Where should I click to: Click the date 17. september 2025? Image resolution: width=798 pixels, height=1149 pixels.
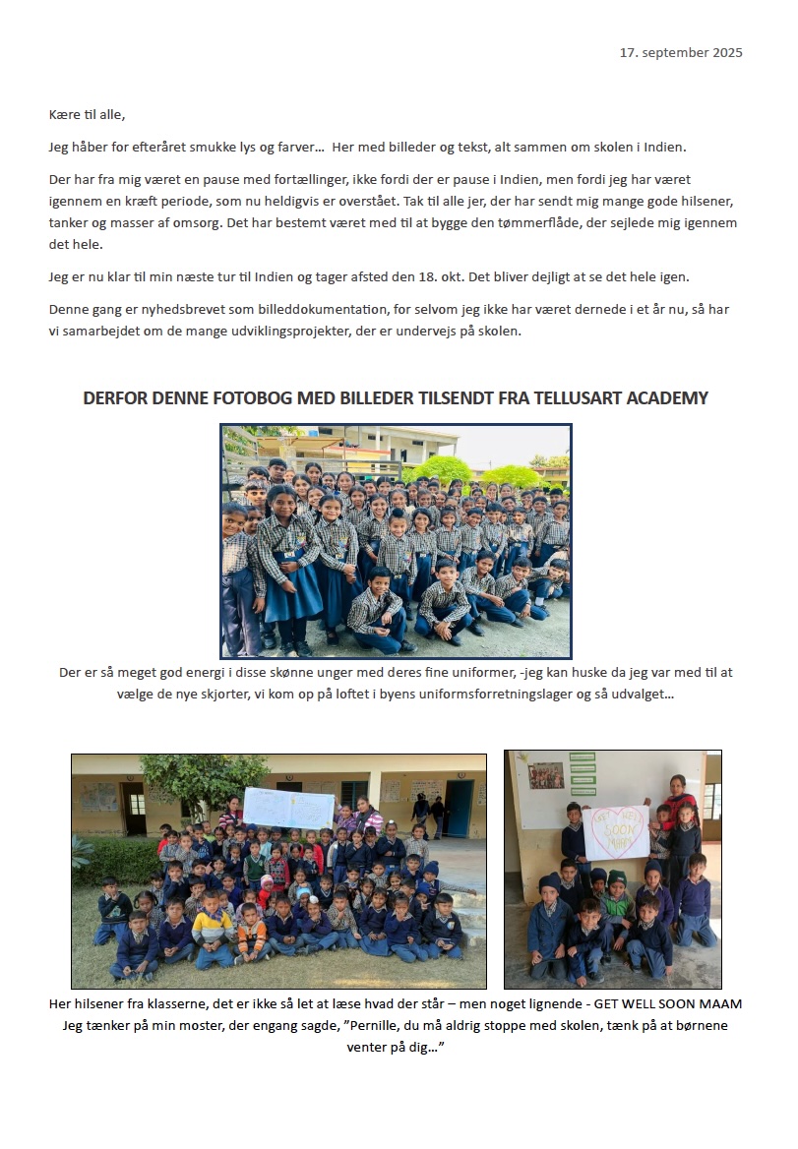pos(681,52)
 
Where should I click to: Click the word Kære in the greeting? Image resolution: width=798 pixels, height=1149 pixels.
pos(64,115)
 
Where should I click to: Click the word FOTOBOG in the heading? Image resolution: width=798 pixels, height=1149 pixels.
pos(242,398)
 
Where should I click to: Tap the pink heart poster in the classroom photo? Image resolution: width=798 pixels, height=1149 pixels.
pos(619,832)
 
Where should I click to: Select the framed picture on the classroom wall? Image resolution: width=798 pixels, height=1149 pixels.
pos(546,776)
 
